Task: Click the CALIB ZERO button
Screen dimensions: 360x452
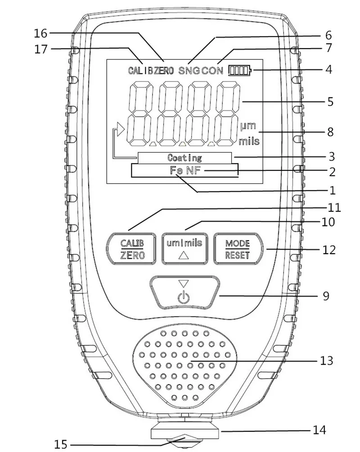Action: [x=131, y=248]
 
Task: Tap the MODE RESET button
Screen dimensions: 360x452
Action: [x=238, y=248]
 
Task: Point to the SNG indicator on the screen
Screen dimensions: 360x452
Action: [x=189, y=70]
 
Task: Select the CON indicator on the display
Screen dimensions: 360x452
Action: [x=212, y=70]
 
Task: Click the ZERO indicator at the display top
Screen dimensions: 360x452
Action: [x=164, y=70]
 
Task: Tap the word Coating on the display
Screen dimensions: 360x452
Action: [x=184, y=158]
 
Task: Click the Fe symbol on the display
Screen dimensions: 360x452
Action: [x=176, y=170]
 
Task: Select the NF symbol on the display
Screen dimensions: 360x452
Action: [x=193, y=170]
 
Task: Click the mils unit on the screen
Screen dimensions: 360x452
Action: [x=249, y=141]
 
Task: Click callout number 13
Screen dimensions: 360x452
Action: [x=327, y=360]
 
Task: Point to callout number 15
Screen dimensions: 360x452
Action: [x=61, y=444]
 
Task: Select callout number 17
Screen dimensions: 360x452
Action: [x=40, y=49]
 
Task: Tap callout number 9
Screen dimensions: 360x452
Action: [x=326, y=296]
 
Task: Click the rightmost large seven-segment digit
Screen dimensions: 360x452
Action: [x=228, y=114]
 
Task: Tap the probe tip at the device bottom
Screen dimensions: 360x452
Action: [x=184, y=443]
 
